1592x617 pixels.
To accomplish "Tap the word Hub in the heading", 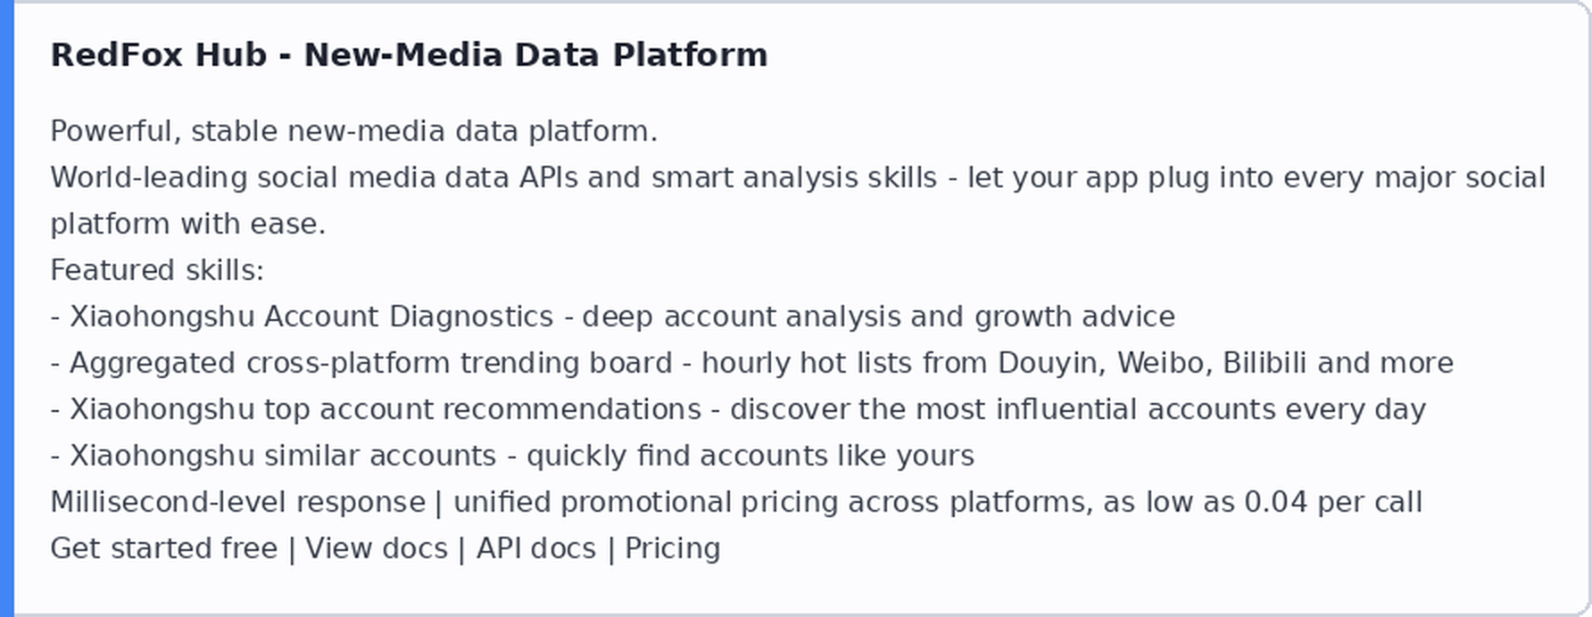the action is [231, 55].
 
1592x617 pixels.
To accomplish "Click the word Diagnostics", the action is [471, 317].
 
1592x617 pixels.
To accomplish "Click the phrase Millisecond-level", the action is [237, 502].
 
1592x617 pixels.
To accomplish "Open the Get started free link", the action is [164, 548].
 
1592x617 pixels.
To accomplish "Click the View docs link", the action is [377, 548].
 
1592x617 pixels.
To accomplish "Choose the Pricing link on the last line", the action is [672, 548].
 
